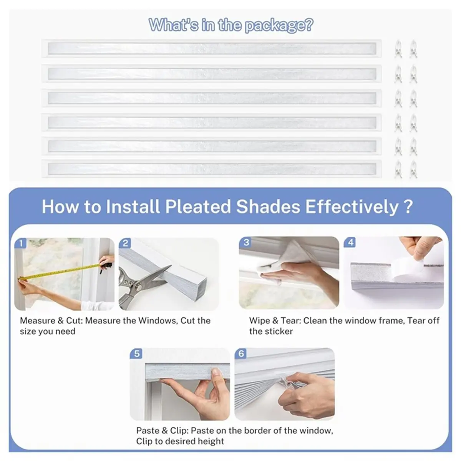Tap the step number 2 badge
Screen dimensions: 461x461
(125, 243)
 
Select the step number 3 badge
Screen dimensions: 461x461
(246, 242)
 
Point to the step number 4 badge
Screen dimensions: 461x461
(350, 242)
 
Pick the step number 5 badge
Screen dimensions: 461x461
(137, 353)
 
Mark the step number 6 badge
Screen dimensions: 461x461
(241, 353)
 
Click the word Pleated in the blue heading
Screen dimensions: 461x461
(198, 207)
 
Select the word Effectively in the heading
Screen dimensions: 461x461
(352, 207)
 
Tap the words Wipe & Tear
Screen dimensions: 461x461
(274, 320)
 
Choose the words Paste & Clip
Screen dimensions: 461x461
(161, 431)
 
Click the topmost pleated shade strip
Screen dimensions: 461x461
(211, 48)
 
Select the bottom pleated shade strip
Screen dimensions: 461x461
(211, 168)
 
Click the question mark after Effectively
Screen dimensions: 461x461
(408, 207)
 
